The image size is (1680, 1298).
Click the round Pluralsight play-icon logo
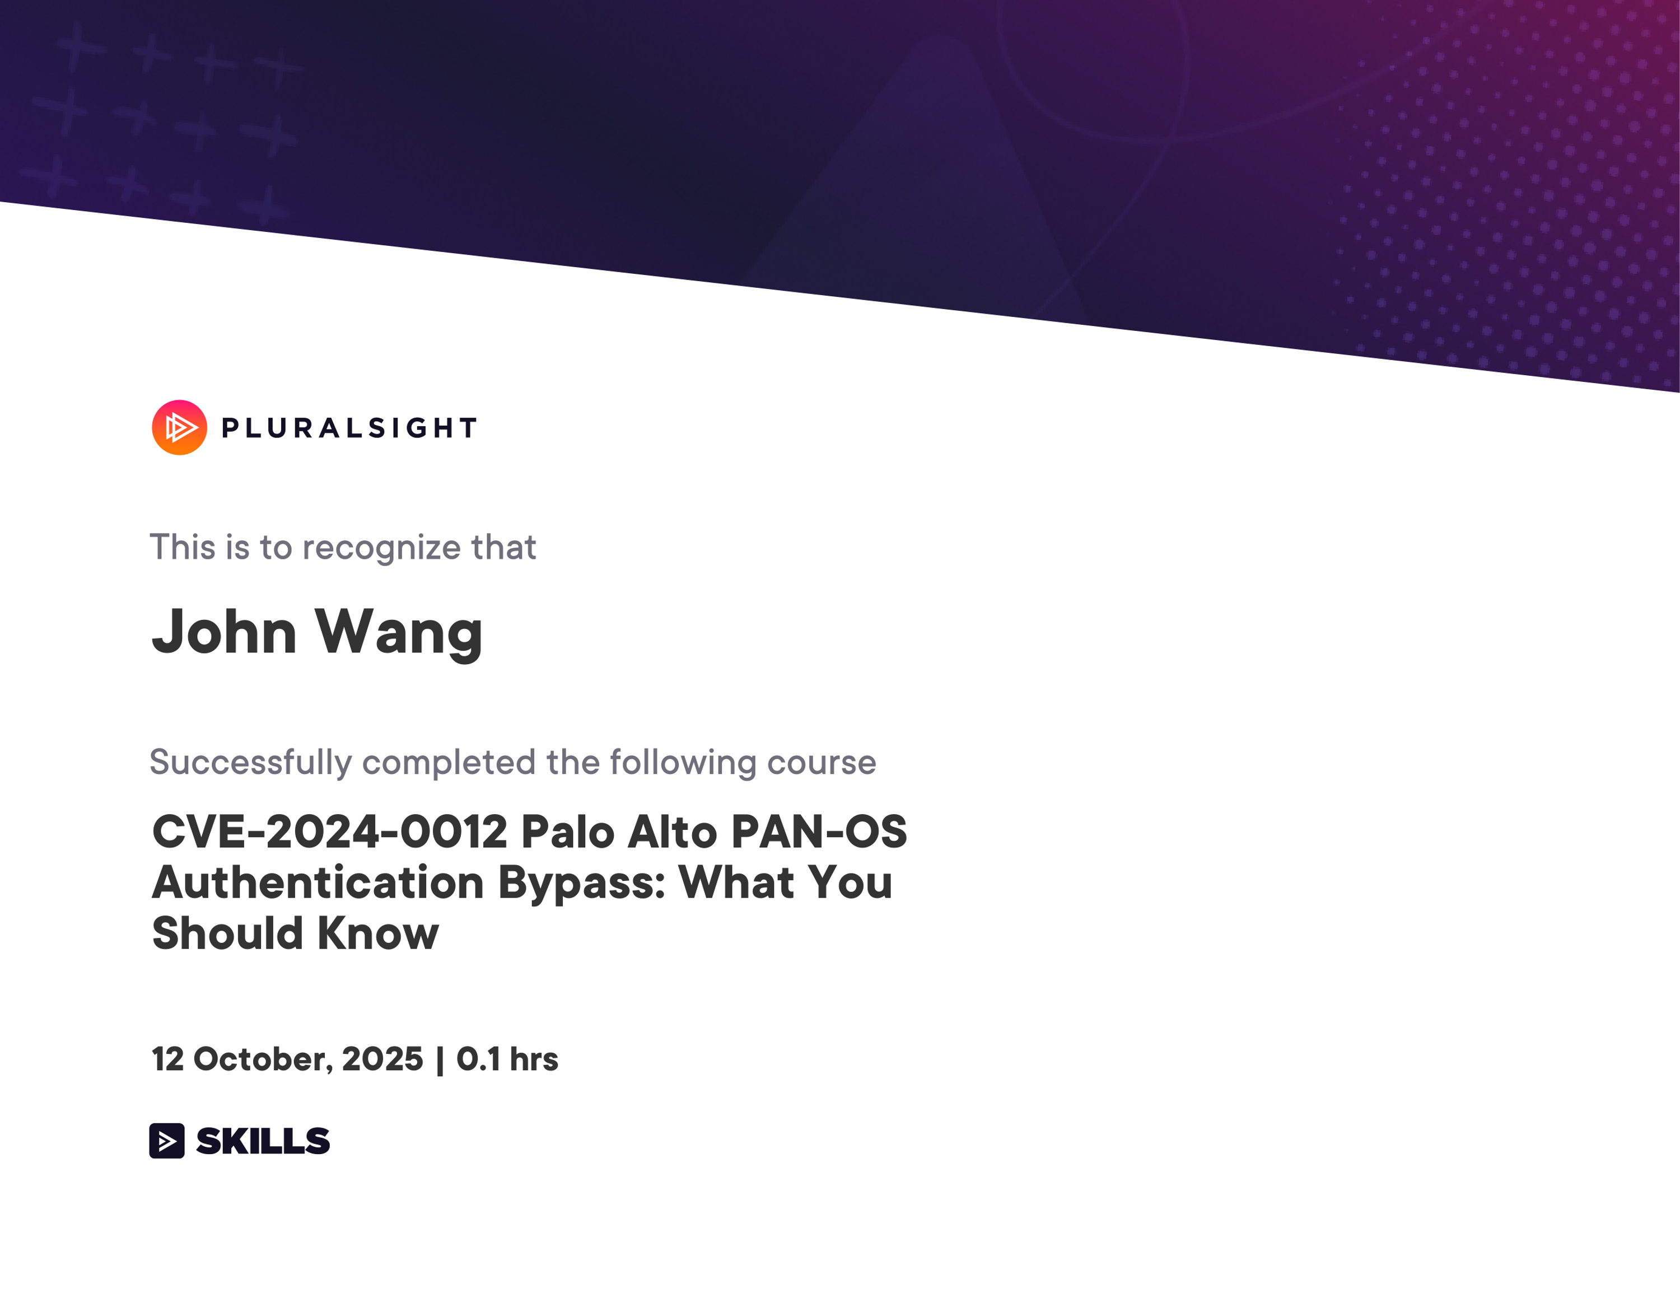[179, 428]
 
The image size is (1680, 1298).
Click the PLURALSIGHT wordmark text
[350, 428]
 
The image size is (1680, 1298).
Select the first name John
[224, 631]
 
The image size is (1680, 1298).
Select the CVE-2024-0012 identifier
[330, 832]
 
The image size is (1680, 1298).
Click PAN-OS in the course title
[819, 832]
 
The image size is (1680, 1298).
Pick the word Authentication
[318, 883]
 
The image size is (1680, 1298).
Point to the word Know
[377, 933]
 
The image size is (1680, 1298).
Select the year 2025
[382, 1059]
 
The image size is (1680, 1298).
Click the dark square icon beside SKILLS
[167, 1140]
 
